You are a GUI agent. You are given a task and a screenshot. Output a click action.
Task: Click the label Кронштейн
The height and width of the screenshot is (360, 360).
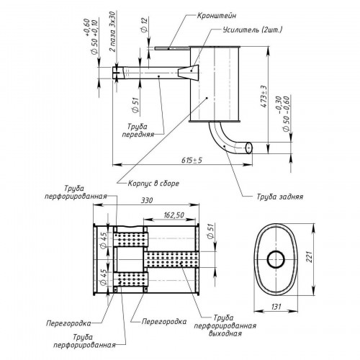click(217, 16)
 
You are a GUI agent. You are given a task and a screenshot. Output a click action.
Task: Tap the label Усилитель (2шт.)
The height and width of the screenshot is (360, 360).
click(253, 30)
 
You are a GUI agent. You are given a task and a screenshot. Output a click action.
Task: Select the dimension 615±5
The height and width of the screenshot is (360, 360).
click(192, 160)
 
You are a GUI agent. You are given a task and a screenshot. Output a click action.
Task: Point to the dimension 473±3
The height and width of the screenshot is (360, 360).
click(264, 96)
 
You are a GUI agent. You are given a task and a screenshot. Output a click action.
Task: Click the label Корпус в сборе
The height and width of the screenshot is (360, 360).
click(153, 184)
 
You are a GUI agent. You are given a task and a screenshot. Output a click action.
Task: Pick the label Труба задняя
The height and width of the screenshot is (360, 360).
click(280, 197)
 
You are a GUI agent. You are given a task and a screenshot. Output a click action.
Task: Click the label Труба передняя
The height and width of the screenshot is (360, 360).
click(138, 130)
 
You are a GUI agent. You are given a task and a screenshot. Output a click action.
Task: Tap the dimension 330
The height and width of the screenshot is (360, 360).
click(146, 200)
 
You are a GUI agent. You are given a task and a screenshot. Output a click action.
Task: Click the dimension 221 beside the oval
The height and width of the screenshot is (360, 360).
click(310, 257)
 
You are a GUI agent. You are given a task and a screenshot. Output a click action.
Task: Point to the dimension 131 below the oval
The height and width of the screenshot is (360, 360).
click(276, 307)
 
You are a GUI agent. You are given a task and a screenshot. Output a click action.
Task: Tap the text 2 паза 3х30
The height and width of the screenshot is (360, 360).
click(112, 32)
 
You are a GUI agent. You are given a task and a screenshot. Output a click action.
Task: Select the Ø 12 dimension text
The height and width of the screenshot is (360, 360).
click(144, 25)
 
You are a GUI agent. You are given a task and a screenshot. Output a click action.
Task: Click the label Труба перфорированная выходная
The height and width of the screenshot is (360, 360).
click(225, 325)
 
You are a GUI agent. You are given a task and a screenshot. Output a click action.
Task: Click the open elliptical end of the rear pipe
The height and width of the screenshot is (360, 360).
click(249, 148)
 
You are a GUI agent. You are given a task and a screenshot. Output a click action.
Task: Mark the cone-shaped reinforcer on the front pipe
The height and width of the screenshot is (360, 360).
click(189, 72)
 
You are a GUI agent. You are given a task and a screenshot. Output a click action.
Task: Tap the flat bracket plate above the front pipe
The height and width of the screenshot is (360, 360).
click(172, 48)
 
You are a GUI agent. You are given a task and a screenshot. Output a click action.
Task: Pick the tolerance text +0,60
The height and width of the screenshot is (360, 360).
click(86, 27)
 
